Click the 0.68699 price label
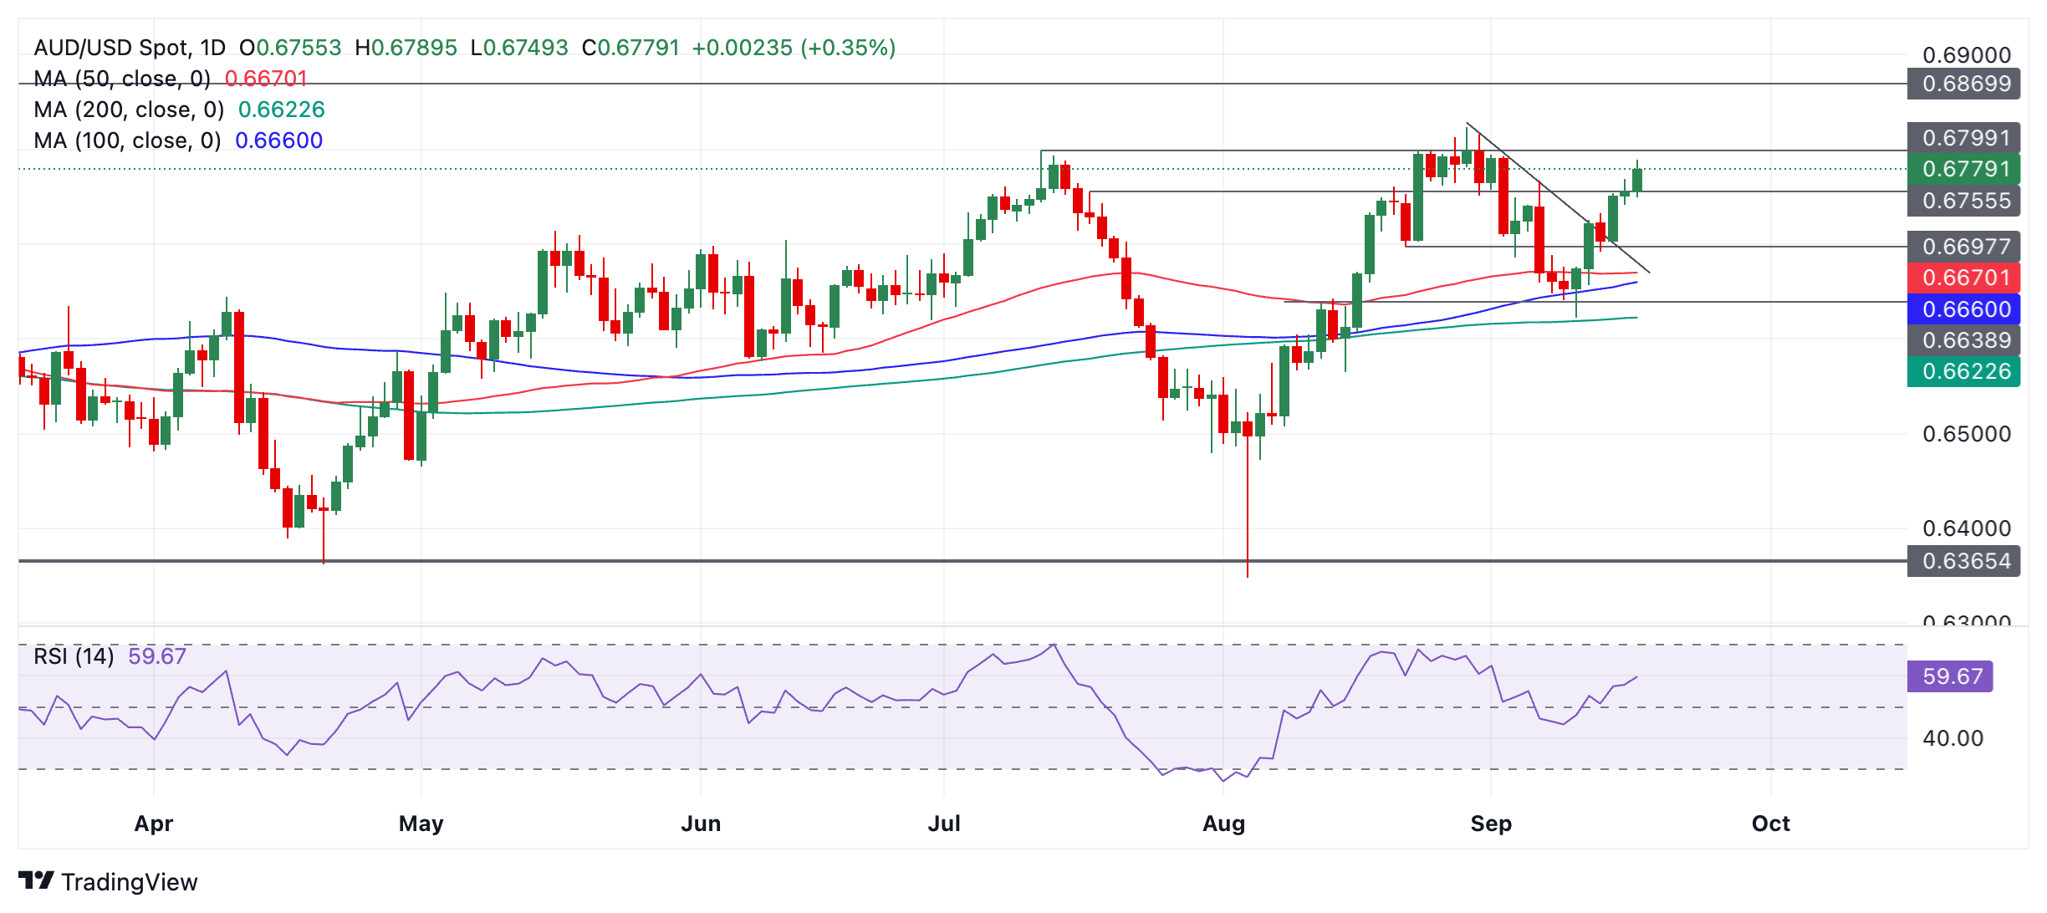pyautogui.click(x=1965, y=84)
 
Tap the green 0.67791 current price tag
pyautogui.click(x=1965, y=169)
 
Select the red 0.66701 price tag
pyautogui.click(x=1965, y=278)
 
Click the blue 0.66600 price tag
pyautogui.click(x=1965, y=309)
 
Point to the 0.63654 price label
pyautogui.click(x=1965, y=561)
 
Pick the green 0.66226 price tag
pyautogui.click(x=1965, y=371)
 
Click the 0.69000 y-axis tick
pyautogui.click(x=1966, y=55)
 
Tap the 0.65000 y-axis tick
pyautogui.click(x=1966, y=434)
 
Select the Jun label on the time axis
pyautogui.click(x=701, y=824)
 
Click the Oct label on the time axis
pyautogui.click(x=1770, y=824)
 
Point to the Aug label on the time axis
pyautogui.click(x=1223, y=824)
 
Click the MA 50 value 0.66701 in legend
pyautogui.click(x=266, y=79)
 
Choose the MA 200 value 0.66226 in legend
pyautogui.click(x=281, y=110)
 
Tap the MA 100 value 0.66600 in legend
pyautogui.click(x=278, y=140)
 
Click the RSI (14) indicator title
pyautogui.click(x=74, y=656)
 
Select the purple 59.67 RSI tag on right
pyautogui.click(x=1951, y=676)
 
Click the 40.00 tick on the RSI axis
pyautogui.click(x=1953, y=738)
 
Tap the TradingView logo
pyautogui.click(x=109, y=881)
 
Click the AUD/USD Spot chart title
pyautogui.click(x=130, y=48)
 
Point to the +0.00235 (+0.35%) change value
pyautogui.click(x=794, y=48)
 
